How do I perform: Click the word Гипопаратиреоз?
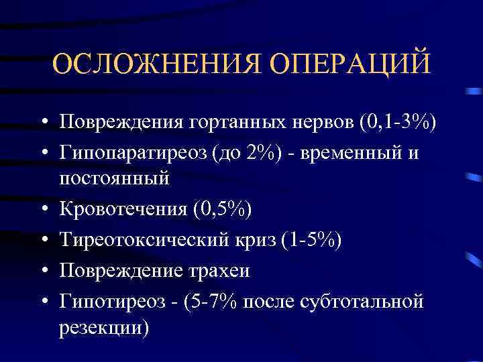pos(133,152)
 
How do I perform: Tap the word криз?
pos(266,240)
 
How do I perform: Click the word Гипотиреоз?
pos(111,300)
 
